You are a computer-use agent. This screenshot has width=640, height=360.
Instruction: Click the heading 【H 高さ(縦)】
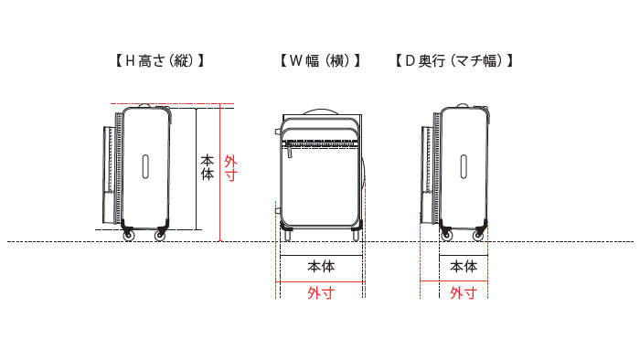[159, 61]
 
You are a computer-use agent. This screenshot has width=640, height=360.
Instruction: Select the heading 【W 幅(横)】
[319, 61]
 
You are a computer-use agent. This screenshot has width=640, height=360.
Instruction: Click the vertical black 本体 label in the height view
[208, 165]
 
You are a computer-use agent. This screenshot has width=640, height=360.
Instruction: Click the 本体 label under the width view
[320, 267]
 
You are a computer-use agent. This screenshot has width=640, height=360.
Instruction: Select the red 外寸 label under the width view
[320, 293]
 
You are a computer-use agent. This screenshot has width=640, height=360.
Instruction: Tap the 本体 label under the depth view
[464, 267]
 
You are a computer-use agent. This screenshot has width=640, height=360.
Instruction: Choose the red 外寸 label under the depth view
[464, 293]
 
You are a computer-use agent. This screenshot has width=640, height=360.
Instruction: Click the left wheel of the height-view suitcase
[127, 236]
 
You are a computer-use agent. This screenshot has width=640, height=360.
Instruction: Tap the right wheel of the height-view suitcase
[160, 236]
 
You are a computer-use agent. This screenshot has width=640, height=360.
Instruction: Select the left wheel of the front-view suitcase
[287, 235]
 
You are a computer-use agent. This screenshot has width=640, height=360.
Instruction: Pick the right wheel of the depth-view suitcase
[478, 236]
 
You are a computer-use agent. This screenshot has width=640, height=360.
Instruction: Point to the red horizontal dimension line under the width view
[320, 282]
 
